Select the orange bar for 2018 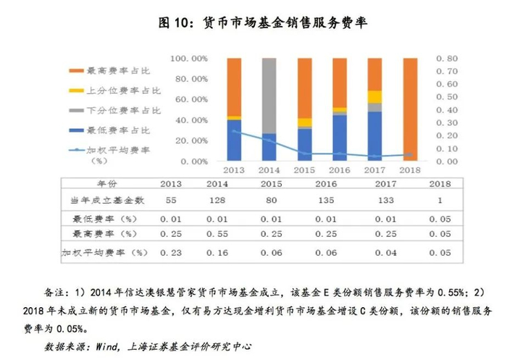tap(410, 109)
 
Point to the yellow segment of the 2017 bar tap(375, 96)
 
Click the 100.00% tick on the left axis tap(189, 58)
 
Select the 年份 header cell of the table tap(106, 184)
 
